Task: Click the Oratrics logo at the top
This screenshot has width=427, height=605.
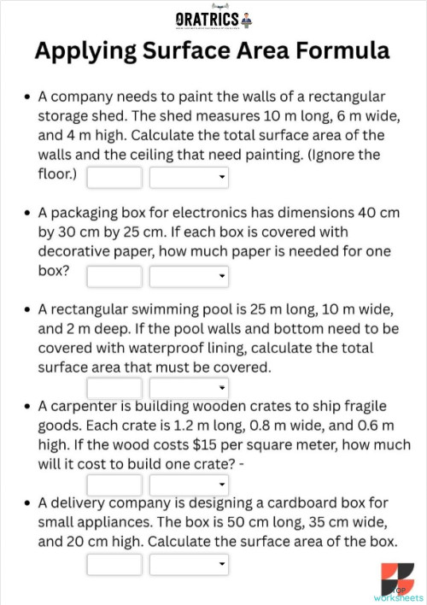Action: [213, 18]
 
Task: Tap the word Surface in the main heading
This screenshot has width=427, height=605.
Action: [204, 51]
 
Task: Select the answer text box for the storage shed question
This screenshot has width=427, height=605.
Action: [114, 178]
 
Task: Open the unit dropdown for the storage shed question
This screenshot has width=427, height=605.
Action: [189, 178]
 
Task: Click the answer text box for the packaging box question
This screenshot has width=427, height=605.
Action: [114, 276]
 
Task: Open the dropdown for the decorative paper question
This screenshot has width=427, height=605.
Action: [189, 276]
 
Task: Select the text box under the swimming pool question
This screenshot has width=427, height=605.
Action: [114, 390]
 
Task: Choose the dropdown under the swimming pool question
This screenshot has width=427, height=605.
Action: [189, 390]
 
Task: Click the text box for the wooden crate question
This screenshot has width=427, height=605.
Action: [114, 485]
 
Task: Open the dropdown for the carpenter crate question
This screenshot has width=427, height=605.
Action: [189, 485]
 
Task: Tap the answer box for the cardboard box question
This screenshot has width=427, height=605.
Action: [114, 564]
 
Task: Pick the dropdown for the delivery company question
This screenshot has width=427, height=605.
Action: [189, 564]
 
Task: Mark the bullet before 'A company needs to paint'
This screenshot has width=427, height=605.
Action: [29, 97]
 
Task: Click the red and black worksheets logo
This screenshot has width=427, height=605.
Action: [398, 579]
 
